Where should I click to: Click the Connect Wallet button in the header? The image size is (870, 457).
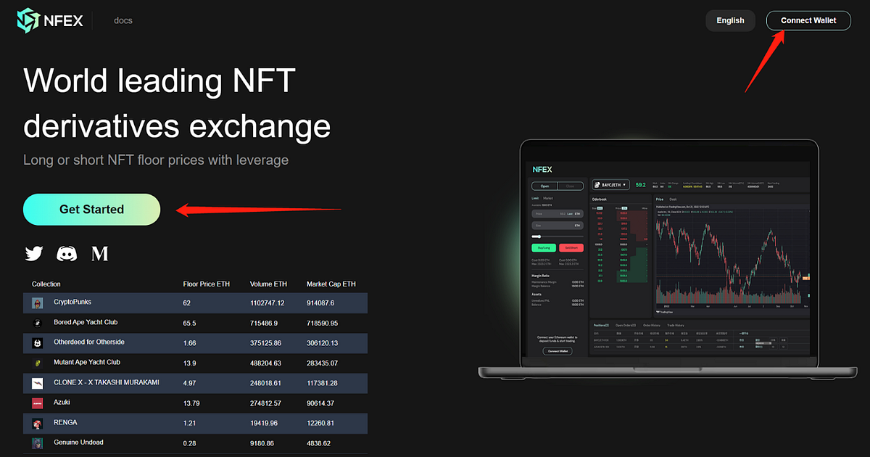[808, 20]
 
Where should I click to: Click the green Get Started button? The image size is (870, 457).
[91, 210]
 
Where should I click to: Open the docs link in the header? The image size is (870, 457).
[123, 20]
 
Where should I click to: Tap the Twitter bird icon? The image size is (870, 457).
[34, 253]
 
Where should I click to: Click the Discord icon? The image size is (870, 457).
[67, 253]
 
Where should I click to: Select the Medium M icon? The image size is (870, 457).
[100, 253]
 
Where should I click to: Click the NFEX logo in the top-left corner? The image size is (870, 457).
[50, 20]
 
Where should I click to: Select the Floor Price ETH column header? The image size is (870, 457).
[206, 284]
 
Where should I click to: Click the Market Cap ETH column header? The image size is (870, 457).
[331, 284]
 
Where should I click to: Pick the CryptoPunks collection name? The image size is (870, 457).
[72, 302]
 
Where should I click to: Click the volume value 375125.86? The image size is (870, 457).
[267, 342]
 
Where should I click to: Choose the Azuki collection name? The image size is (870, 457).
[62, 402]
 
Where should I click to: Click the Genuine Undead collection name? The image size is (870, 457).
[78, 442]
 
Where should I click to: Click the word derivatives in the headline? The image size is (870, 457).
[101, 126]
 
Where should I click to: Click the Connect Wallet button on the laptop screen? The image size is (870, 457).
[557, 351]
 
